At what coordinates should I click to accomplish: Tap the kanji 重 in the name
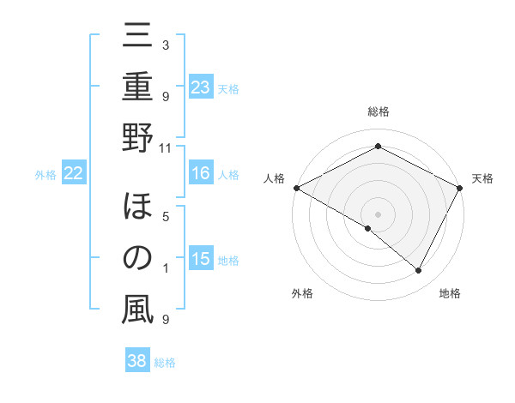(x=137, y=89)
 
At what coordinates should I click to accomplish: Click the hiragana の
(x=137, y=258)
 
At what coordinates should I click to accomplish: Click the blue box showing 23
(x=200, y=87)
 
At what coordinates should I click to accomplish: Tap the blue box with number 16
(x=200, y=174)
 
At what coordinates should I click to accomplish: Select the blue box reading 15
(x=200, y=260)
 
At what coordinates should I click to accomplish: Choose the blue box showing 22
(x=73, y=174)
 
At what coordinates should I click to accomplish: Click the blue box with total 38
(x=136, y=361)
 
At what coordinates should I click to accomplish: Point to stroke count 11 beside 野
(x=166, y=147)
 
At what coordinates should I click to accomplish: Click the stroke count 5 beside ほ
(x=166, y=216)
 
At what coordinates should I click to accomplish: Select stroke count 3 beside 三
(x=166, y=45)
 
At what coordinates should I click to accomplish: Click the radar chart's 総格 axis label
(x=378, y=111)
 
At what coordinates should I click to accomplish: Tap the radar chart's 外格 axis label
(x=302, y=293)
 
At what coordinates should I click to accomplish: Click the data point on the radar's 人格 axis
(x=296, y=188)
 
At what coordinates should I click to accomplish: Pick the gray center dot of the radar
(x=378, y=214)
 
